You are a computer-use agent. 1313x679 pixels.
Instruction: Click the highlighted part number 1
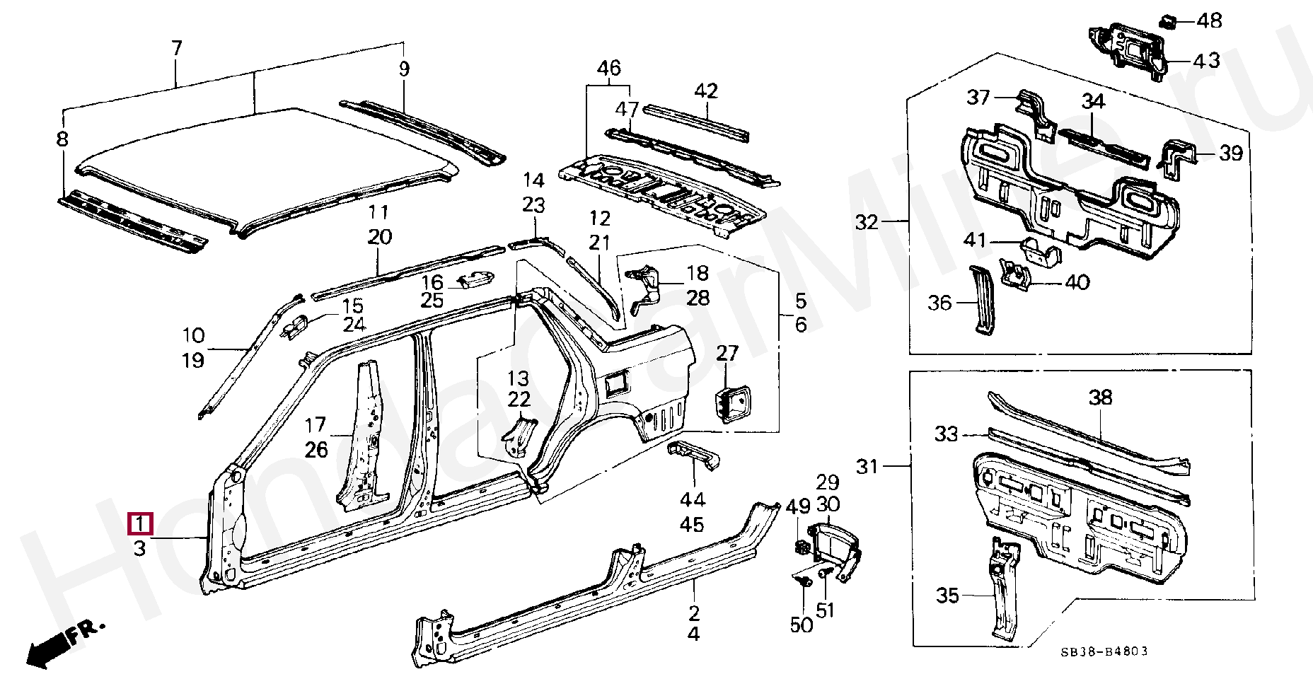click(139, 524)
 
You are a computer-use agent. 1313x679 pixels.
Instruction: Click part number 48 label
click(1209, 21)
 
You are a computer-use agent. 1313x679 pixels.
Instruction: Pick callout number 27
click(727, 353)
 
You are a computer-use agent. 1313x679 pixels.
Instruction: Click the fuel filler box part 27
click(731, 406)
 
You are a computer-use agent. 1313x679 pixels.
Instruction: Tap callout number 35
click(948, 596)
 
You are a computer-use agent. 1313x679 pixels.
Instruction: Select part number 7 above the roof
click(177, 48)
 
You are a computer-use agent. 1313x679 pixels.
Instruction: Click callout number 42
click(705, 91)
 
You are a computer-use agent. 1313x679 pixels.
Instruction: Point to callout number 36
click(939, 303)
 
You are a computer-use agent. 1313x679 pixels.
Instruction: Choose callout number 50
click(801, 625)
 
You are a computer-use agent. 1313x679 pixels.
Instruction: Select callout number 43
click(1206, 60)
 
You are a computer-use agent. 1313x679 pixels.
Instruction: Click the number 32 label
click(867, 222)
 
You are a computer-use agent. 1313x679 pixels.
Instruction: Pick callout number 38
click(1100, 397)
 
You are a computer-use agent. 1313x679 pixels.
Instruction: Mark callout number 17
click(315, 424)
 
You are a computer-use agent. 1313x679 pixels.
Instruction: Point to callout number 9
click(404, 69)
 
